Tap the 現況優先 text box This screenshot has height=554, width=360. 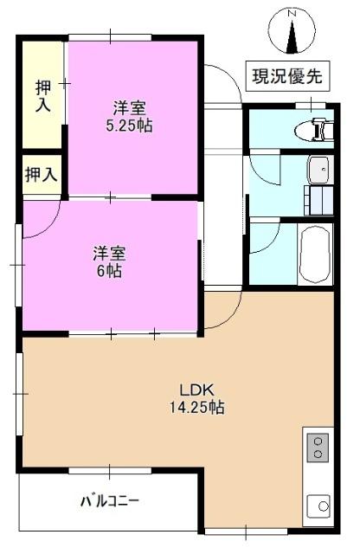[286, 75]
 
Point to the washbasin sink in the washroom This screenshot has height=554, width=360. [317, 168]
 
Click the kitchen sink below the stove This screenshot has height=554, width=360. [318, 504]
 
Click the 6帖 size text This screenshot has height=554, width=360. [109, 271]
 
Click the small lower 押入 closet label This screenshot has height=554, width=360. [41, 174]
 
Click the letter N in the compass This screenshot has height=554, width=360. [292, 13]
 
